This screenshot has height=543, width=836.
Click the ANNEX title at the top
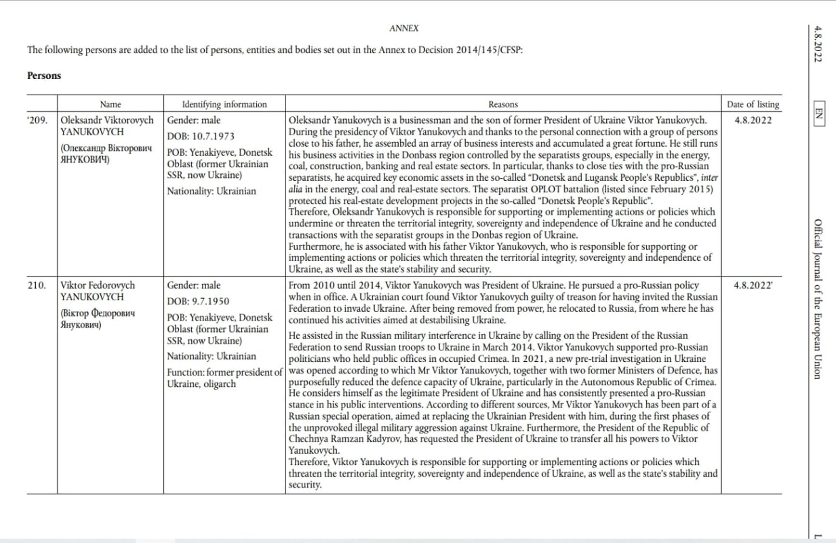tap(404, 29)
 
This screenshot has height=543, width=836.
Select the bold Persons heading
tap(44, 76)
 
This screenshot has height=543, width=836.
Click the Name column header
tap(110, 104)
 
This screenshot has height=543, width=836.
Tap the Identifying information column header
tap(224, 104)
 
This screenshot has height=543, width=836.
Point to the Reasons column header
tap(502, 104)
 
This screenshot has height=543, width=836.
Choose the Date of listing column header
tap(752, 104)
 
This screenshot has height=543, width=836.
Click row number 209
tap(38, 120)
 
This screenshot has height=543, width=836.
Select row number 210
tap(37, 286)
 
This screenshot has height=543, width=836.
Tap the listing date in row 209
tap(752, 120)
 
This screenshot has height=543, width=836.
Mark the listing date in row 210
tap(752, 286)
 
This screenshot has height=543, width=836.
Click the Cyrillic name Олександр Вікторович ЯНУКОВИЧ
tap(106, 154)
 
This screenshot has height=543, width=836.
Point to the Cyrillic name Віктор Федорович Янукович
tap(98, 319)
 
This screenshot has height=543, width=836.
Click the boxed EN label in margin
tap(819, 114)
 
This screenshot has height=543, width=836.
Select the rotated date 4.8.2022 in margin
tap(818, 44)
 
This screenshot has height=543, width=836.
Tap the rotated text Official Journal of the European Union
tap(818, 300)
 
